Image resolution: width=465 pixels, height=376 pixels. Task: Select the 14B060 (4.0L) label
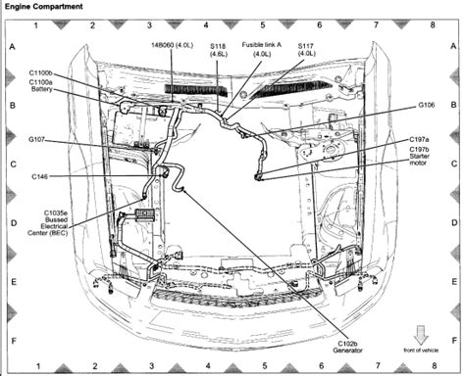click(172, 46)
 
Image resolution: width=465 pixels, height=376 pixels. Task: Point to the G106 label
click(427, 103)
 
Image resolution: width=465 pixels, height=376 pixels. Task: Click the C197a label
click(420, 140)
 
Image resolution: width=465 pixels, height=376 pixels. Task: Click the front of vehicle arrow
click(420, 333)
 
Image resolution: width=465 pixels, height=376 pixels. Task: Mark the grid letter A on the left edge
click(12, 46)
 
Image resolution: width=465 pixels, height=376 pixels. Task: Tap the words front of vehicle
click(421, 350)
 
